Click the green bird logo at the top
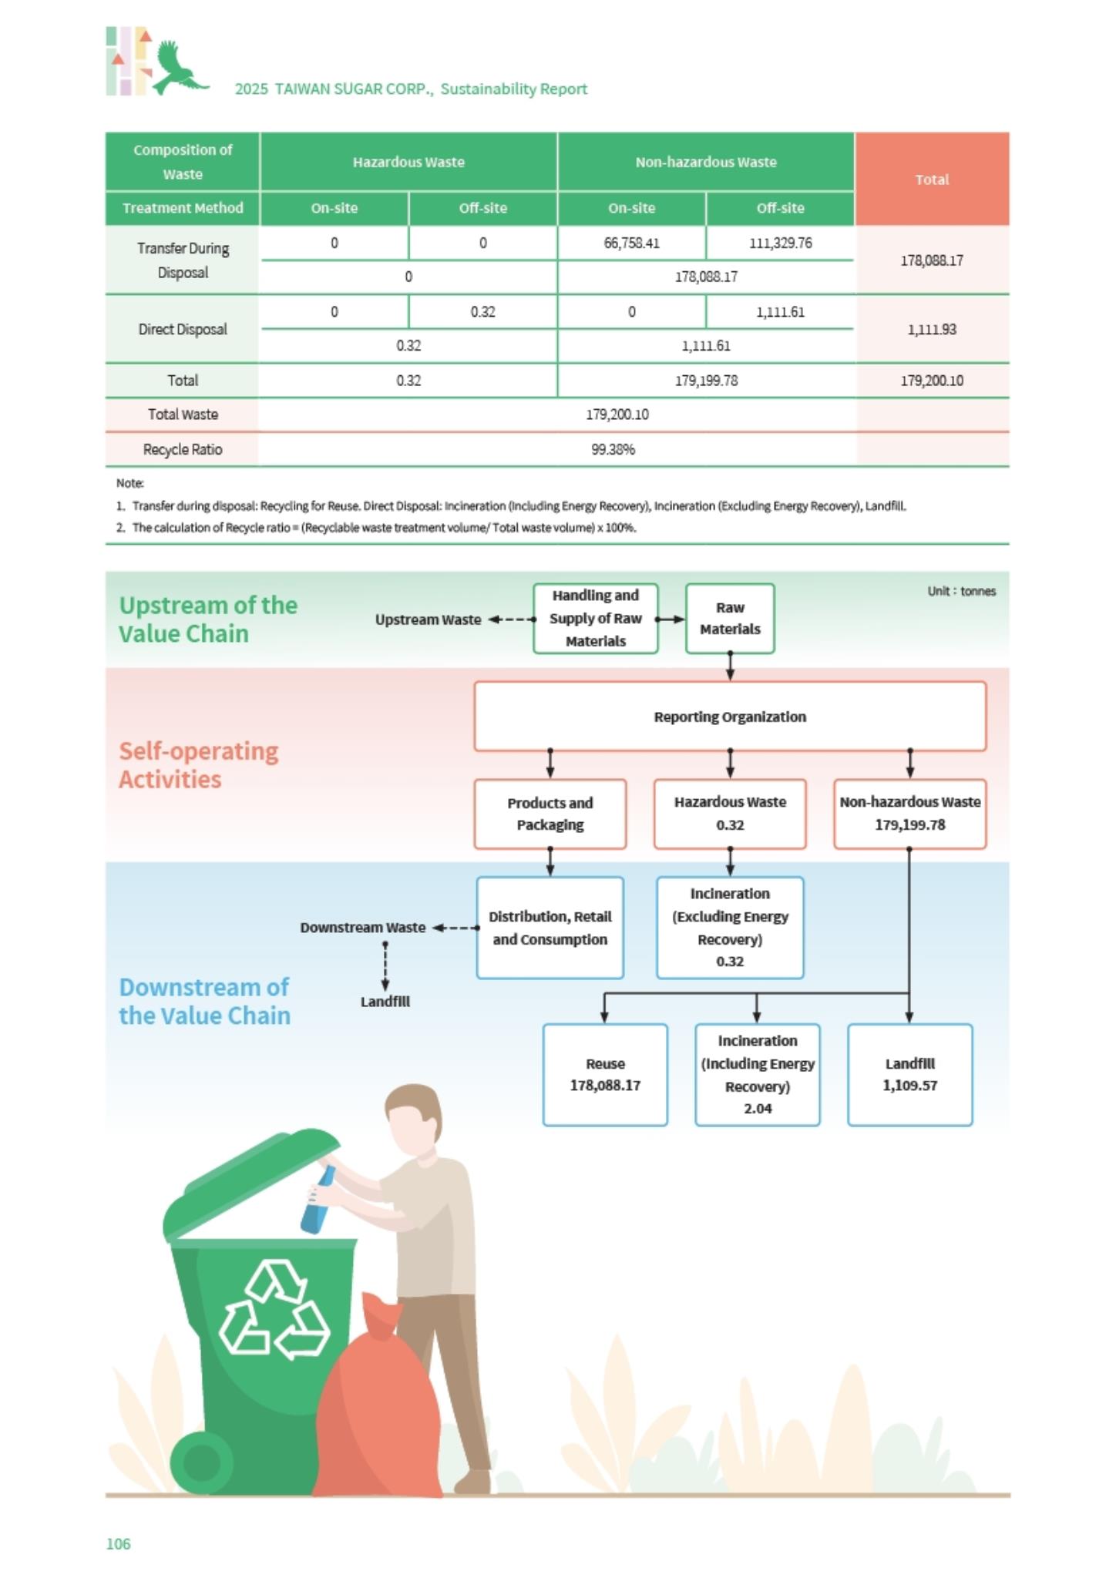[179, 68]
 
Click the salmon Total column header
[932, 179]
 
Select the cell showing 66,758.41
[631, 243]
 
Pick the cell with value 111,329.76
[780, 243]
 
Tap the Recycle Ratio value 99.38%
[613, 449]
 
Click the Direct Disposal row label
[183, 329]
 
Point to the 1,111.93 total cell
[932, 329]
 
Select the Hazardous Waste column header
[408, 162]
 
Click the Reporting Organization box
[730, 716]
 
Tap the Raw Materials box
[730, 618]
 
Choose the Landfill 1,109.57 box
[909, 1074]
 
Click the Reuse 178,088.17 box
[605, 1074]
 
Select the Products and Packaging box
[550, 814]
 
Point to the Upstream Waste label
[428, 619]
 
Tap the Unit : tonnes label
[961, 591]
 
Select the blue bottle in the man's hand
[317, 1199]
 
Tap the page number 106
[118, 1543]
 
